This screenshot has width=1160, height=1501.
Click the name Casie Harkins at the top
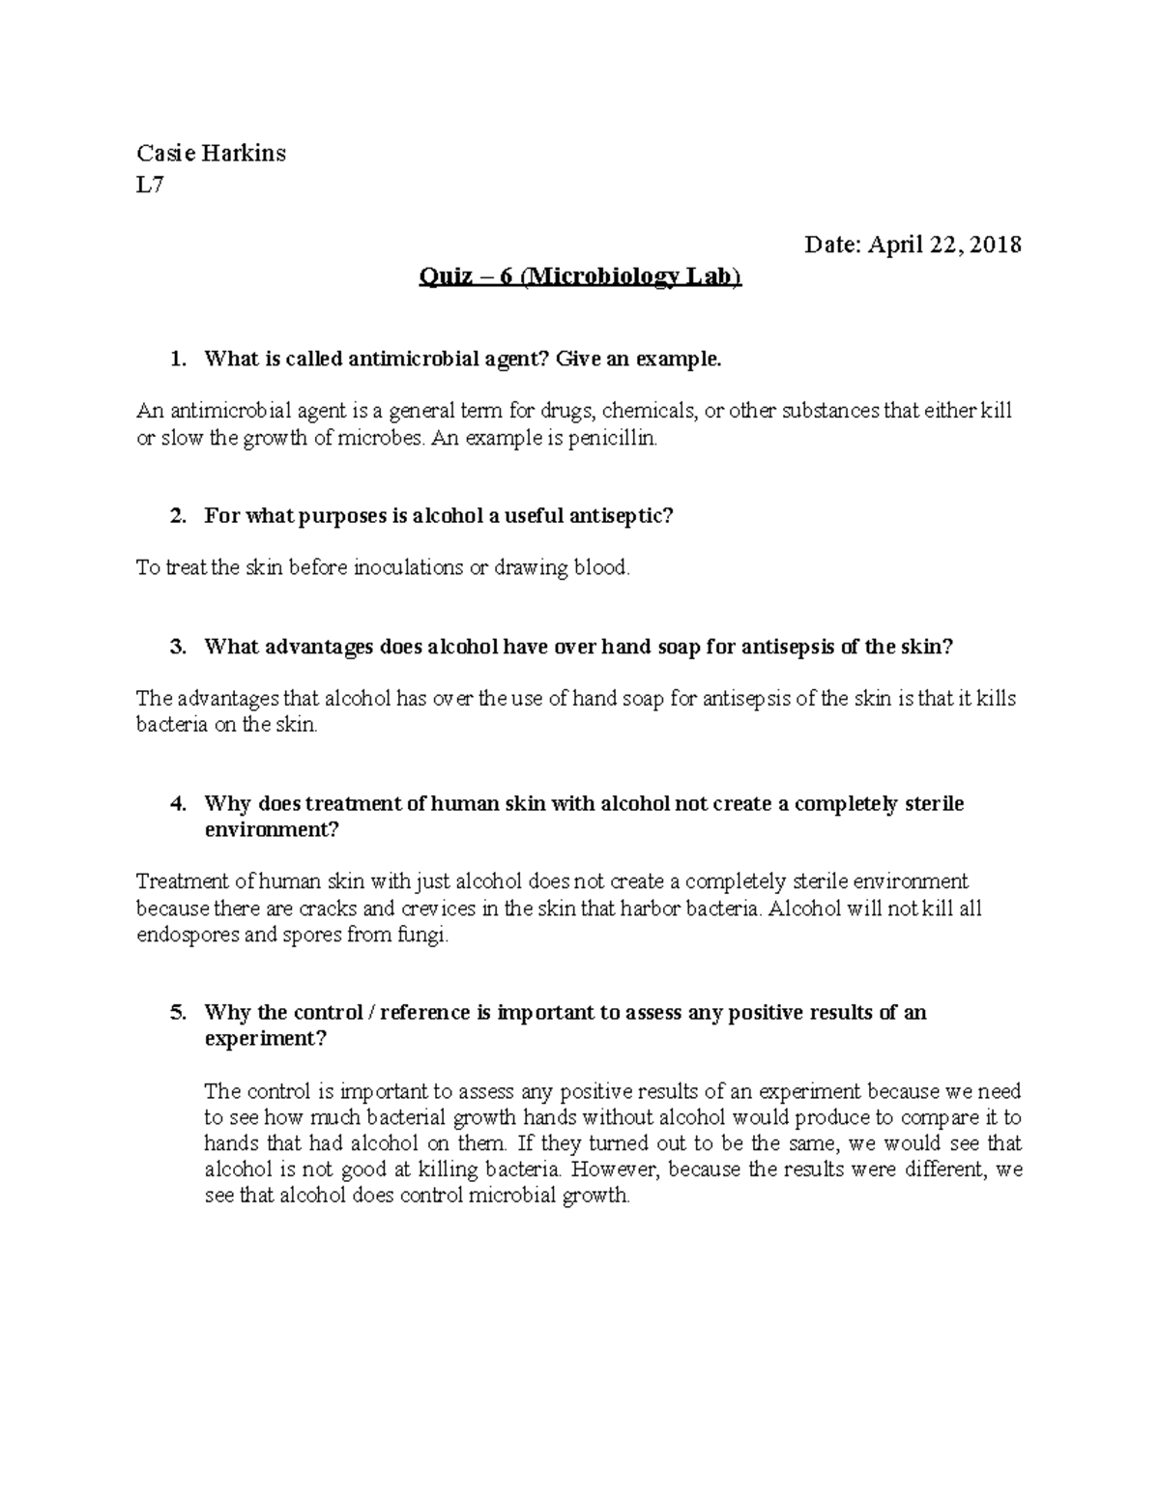pos(211,153)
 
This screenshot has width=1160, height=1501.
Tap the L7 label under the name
pos(150,186)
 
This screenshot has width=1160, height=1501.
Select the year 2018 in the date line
pos(996,245)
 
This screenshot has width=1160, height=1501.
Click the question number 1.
pos(176,360)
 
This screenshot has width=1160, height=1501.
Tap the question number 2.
pos(176,516)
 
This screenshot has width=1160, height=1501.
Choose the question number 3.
pos(176,648)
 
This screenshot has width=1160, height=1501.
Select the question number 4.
pos(176,804)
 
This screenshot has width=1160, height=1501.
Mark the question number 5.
pos(176,1013)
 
